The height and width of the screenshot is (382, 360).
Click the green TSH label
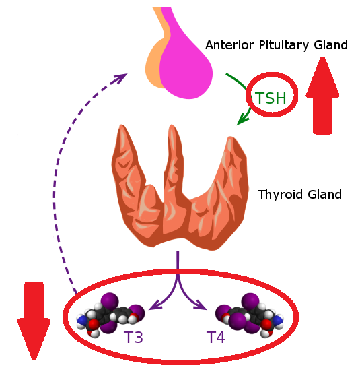(271, 98)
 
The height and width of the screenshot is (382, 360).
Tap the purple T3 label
(133, 337)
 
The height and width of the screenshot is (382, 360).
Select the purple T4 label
(216, 337)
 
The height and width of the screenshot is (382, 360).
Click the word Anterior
(230, 45)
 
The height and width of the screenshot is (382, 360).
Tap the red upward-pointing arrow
(322, 95)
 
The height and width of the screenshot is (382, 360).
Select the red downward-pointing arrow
(34, 321)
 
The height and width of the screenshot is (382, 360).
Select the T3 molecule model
(110, 314)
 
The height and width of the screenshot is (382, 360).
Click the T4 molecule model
(250, 314)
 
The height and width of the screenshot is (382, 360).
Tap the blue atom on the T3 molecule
(81, 319)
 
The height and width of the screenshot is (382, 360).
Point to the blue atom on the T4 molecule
(277, 320)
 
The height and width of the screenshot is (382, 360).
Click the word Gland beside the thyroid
(324, 195)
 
